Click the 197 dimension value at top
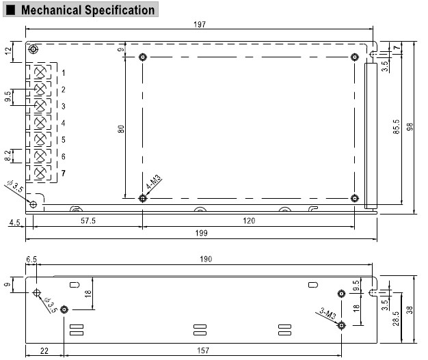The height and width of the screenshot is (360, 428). click(x=200, y=25)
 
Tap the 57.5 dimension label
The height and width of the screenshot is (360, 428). click(x=88, y=220)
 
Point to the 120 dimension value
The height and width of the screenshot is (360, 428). click(x=249, y=220)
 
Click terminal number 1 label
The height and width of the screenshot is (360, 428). click(x=63, y=72)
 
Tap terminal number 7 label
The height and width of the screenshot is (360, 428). click(x=63, y=174)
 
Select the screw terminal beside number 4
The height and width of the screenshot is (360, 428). click(x=41, y=123)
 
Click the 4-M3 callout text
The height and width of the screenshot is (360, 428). click(x=154, y=184)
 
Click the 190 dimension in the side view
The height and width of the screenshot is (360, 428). click(x=206, y=259)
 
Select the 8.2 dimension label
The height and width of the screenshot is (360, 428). click(x=8, y=156)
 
